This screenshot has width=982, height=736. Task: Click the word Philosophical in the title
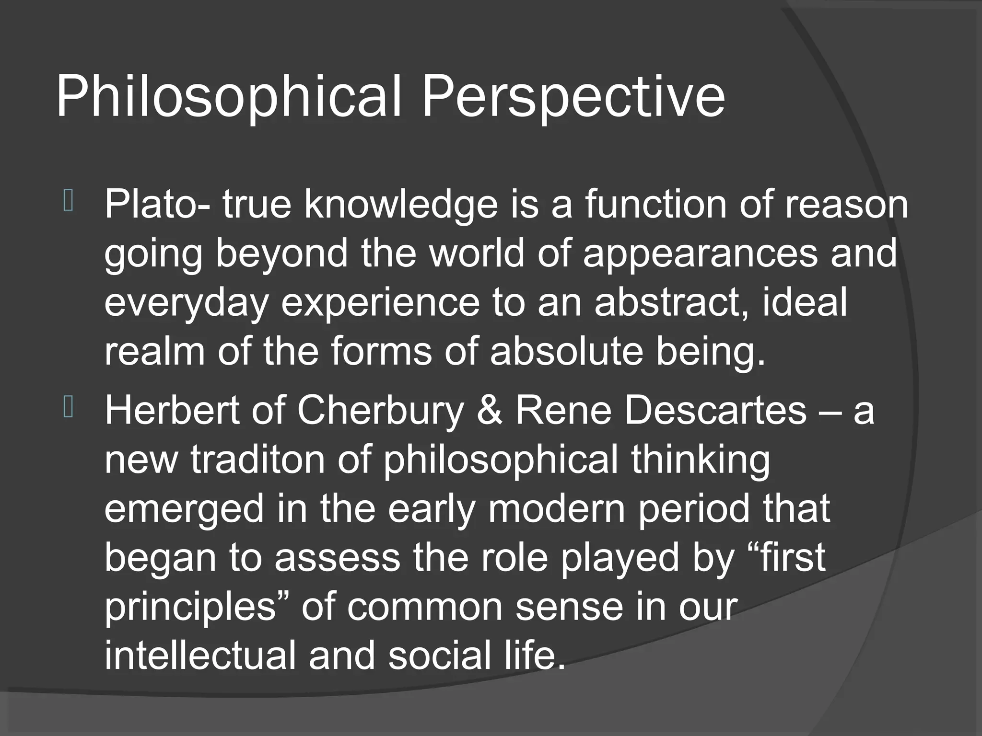click(228, 98)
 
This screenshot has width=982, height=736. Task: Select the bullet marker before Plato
click(68, 201)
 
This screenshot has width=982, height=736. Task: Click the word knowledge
click(401, 205)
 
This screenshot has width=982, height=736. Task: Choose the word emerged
click(184, 510)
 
